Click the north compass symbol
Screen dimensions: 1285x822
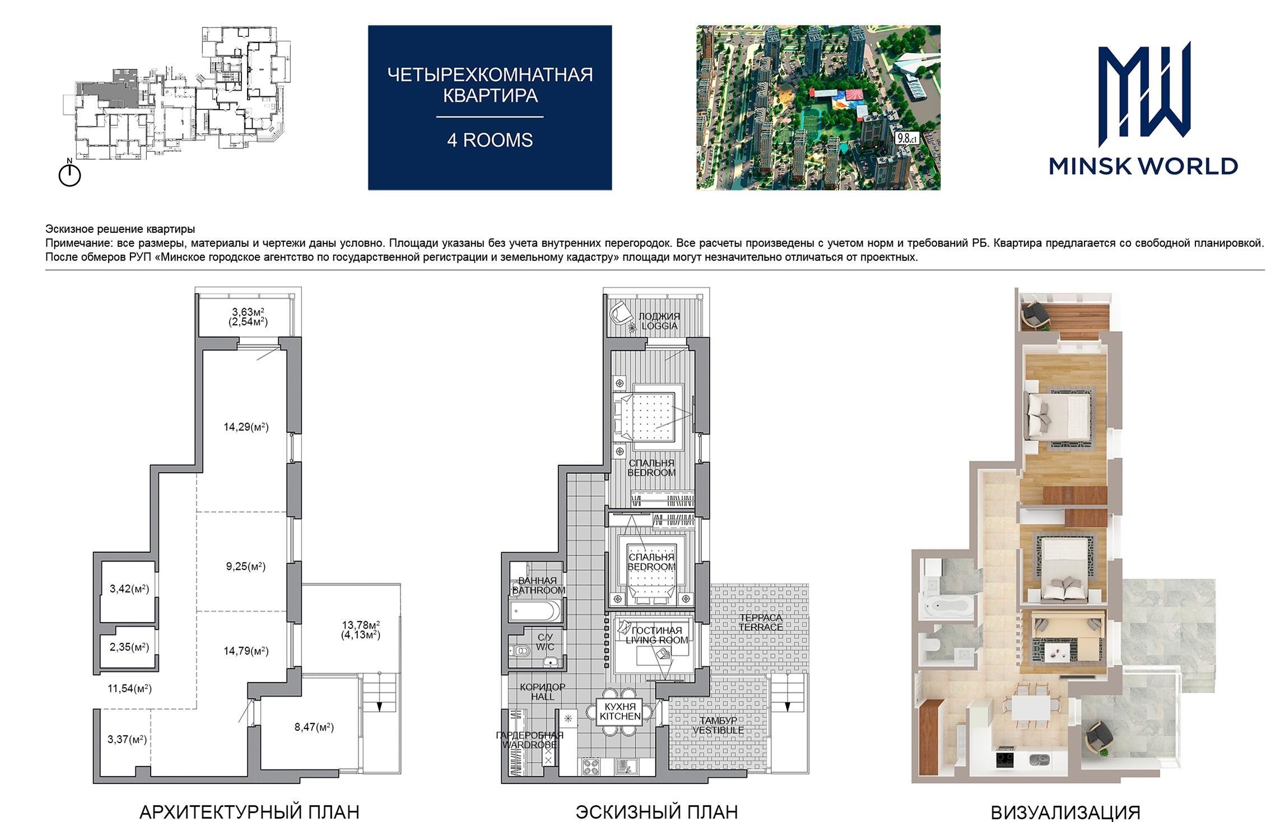tap(69, 173)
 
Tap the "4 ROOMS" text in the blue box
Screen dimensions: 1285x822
tap(490, 140)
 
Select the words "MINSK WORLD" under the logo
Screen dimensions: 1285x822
tap(1143, 166)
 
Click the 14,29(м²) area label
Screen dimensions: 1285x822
tap(246, 427)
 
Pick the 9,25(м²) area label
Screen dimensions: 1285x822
tap(245, 566)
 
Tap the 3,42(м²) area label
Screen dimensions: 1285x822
tap(129, 589)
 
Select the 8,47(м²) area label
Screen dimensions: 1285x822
tap(314, 727)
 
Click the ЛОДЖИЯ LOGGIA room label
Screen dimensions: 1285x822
tap(659, 321)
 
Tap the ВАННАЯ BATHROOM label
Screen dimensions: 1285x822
tap(538, 586)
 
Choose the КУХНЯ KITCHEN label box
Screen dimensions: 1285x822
tap(620, 711)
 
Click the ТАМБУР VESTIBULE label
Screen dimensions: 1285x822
tap(718, 725)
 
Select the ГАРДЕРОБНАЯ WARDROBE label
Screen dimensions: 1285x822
tap(529, 740)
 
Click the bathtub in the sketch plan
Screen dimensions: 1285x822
tap(536, 610)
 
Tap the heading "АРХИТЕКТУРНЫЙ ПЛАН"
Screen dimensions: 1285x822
tap(249, 811)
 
